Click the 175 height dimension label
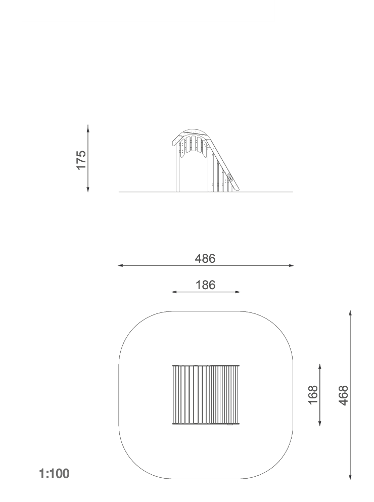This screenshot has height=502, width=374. point(81,160)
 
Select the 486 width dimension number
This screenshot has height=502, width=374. point(205,258)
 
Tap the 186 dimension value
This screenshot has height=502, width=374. point(205,285)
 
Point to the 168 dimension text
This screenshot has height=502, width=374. point(313,395)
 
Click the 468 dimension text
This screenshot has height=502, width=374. point(343,395)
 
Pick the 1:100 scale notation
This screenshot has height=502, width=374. point(54,474)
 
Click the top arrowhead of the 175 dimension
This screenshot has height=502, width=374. point(88,127)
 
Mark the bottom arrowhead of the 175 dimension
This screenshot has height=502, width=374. point(88,190)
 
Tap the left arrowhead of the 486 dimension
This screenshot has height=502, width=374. point(121,265)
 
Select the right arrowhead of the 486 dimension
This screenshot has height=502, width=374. point(291,265)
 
